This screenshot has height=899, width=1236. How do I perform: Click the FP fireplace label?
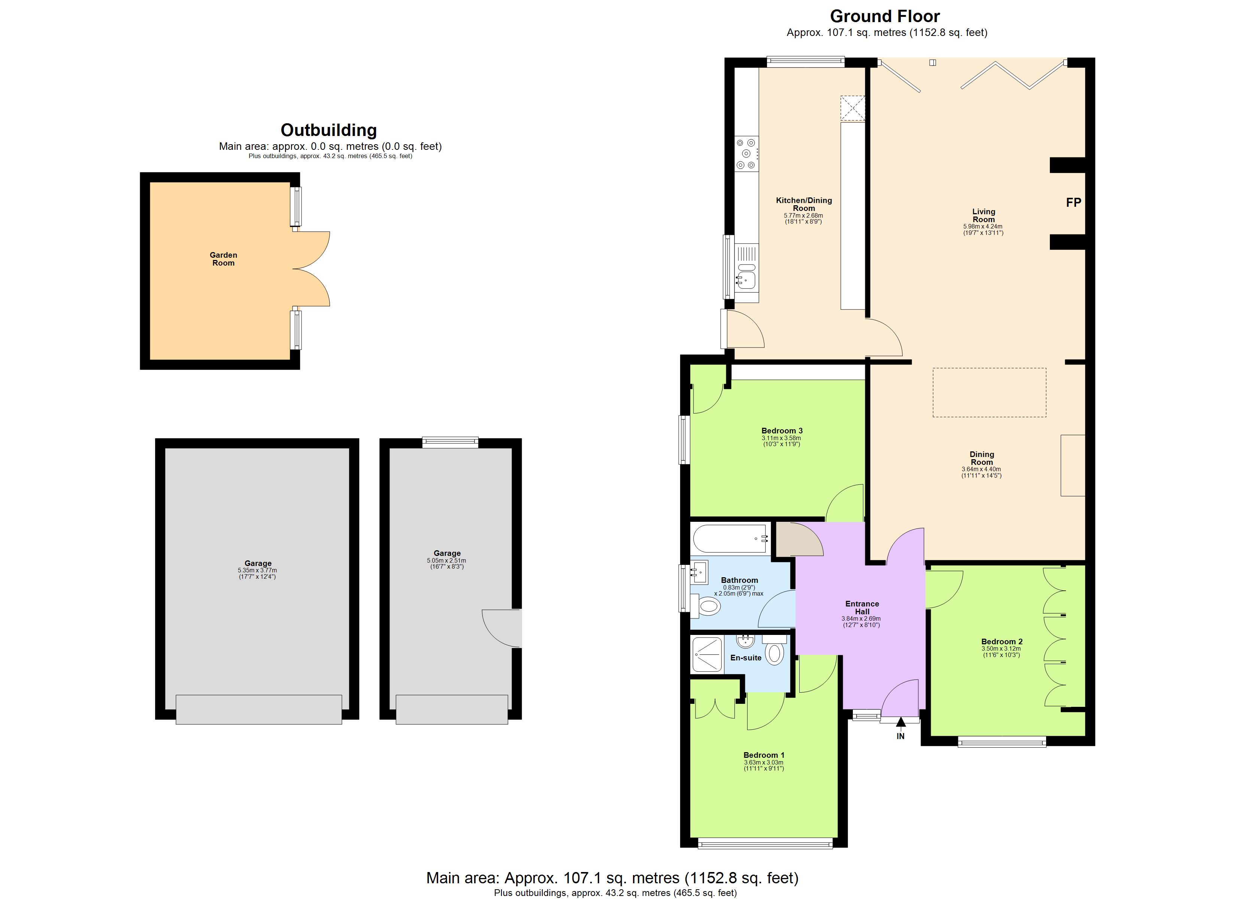click(1073, 203)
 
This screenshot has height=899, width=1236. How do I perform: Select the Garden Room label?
click(224, 259)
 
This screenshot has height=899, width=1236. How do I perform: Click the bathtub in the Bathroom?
click(730, 539)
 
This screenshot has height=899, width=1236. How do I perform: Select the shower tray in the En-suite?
click(707, 654)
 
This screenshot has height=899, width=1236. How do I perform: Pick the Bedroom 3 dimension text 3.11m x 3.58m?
click(782, 438)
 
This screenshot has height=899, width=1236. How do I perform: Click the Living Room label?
click(983, 215)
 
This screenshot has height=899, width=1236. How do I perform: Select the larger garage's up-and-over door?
click(258, 709)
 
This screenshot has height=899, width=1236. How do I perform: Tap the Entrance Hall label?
click(862, 607)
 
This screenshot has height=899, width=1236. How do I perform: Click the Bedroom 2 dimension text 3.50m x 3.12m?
click(1001, 649)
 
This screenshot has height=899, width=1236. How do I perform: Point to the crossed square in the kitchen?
click(852, 108)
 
